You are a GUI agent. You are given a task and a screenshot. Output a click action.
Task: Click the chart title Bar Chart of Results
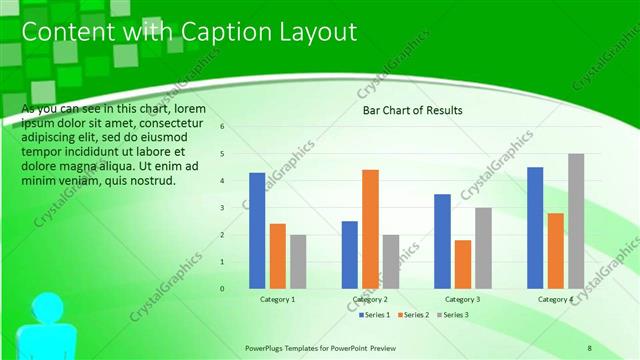[412, 111]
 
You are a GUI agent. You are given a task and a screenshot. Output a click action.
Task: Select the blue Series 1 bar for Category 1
[257, 230]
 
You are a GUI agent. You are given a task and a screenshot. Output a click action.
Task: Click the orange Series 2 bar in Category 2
[370, 229]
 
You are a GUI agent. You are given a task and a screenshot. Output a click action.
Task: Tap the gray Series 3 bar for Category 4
[576, 221]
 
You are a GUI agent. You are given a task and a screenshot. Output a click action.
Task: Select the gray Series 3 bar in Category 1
[298, 261]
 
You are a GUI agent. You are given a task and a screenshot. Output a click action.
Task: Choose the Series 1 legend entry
[375, 315]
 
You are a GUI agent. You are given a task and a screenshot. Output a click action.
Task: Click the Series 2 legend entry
[413, 315]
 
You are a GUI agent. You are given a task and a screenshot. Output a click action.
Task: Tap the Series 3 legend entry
[451, 315]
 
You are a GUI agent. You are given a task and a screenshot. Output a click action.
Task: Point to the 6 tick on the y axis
[222, 127]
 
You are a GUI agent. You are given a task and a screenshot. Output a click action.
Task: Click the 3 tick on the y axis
[222, 208]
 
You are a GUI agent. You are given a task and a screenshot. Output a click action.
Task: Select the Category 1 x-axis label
[277, 299]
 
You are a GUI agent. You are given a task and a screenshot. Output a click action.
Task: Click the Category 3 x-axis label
[462, 299]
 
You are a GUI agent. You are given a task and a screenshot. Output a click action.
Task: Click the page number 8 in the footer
[589, 347]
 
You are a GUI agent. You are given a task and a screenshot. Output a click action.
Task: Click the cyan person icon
[47, 325]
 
